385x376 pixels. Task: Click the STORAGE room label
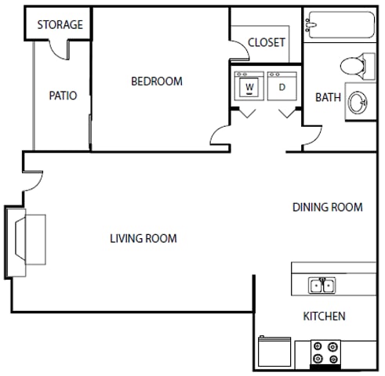60,24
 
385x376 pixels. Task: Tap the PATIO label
63,96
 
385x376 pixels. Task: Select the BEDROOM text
156,81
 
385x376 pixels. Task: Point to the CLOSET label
266,42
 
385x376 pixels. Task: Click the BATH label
328,97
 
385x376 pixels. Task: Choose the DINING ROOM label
327,208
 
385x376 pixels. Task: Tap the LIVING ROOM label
143,238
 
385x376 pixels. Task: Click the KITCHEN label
324,316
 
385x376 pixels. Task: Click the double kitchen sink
322,285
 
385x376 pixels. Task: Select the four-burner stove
325,352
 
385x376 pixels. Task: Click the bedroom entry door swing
221,137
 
